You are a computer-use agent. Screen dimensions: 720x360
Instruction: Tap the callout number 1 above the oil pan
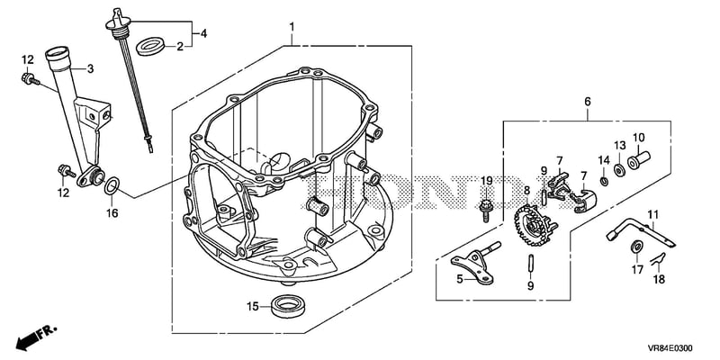[292, 27]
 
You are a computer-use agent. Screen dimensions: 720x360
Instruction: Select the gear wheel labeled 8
[535, 226]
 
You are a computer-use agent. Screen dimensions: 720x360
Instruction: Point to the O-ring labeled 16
[112, 187]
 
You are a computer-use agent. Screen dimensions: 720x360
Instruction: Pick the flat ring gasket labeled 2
[151, 47]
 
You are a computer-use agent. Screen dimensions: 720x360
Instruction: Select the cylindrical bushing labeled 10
[638, 159]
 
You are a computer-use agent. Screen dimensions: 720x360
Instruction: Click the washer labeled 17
[636, 246]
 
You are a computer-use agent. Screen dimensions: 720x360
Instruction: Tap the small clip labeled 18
[658, 258]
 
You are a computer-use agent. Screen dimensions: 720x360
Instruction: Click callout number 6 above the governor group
[588, 102]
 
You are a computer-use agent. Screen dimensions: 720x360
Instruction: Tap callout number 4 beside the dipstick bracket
[202, 33]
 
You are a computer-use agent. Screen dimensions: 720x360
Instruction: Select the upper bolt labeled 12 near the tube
[31, 80]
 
